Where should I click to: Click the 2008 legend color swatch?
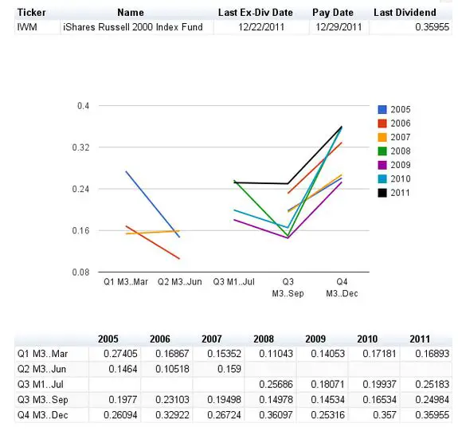point(382,151)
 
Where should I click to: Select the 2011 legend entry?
point(393,193)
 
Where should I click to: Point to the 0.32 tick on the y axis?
point(80,147)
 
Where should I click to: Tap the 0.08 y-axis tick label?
point(80,272)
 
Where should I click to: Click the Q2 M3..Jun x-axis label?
point(180,282)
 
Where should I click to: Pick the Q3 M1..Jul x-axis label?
point(233,282)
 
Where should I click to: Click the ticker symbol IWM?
point(27,27)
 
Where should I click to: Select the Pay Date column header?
point(333,13)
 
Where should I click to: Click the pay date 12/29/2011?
point(339,27)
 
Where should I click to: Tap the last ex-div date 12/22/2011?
point(261,27)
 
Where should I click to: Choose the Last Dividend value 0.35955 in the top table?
point(432,27)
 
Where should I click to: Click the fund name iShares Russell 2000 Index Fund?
point(133,27)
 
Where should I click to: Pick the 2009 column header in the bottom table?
point(315,339)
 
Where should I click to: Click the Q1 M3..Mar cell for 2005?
point(120,354)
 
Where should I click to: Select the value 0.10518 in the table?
point(172,369)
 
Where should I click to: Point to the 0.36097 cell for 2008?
point(276,415)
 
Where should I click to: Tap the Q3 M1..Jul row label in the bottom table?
point(41,384)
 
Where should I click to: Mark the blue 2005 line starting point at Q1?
point(126,171)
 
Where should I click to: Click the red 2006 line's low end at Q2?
point(179,259)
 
